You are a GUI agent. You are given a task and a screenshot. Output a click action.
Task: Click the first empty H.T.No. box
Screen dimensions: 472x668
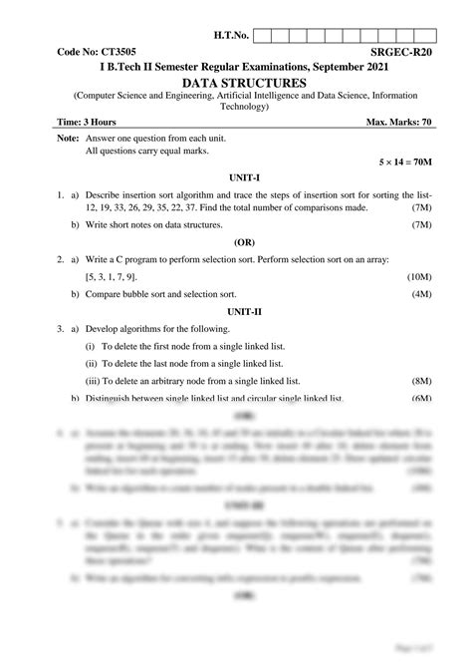coord(264,36)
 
